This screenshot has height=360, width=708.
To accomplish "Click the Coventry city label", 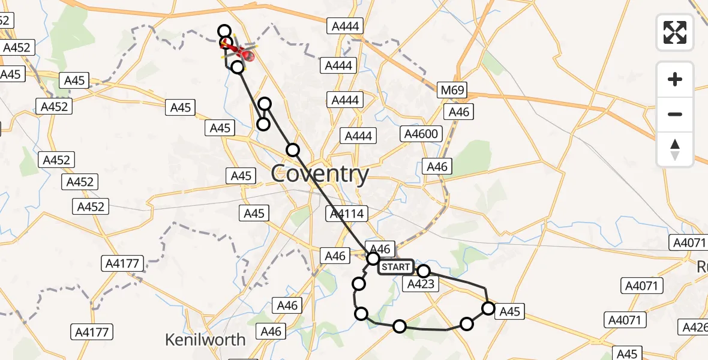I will coord(320,174).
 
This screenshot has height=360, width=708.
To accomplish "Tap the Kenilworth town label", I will coord(205,340).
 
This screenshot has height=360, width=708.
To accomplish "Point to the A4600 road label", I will coord(423,134).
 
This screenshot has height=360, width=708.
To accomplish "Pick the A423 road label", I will coord(420,284).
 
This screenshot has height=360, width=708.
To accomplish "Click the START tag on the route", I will coord(396,266).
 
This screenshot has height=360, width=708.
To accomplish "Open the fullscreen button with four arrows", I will coord(675,32).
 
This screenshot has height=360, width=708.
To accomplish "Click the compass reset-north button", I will coord(675,149).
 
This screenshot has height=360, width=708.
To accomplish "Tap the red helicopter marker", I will coord(246,56).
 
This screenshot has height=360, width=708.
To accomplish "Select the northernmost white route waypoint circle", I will coord(224,31).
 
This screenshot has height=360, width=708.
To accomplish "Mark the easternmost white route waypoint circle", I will coord(488,308).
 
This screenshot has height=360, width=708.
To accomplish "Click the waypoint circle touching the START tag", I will coord(373,259).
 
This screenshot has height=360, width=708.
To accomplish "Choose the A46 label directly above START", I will coord(380,249).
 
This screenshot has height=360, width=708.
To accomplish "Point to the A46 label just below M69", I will coord(458,112).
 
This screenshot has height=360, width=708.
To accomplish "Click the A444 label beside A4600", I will coord(359,136).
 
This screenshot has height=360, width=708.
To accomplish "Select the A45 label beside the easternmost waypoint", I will coord(510,311).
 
